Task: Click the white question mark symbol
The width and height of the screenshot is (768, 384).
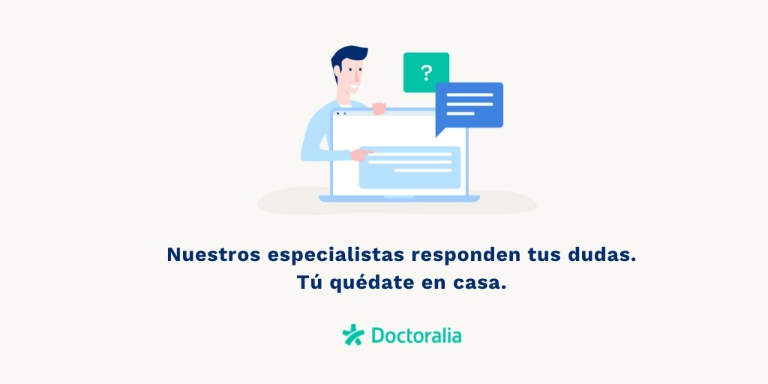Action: click(x=426, y=73)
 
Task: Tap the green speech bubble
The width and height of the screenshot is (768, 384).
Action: click(x=426, y=72)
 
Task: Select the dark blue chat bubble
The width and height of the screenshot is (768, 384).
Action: click(x=469, y=105)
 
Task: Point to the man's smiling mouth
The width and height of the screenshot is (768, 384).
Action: click(x=355, y=88)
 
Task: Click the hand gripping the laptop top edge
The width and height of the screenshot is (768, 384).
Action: click(x=379, y=108)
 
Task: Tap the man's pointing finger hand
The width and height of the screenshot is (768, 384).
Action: click(x=361, y=154)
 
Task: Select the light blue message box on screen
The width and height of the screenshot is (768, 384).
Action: click(x=410, y=167)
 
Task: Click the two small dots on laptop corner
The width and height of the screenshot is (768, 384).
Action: click(x=341, y=114)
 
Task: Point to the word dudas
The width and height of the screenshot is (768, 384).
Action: click(x=601, y=255)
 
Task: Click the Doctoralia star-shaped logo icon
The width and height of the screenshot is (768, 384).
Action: click(x=353, y=335)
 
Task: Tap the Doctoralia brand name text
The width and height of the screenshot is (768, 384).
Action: click(x=416, y=335)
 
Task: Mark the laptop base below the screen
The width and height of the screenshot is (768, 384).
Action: click(x=399, y=198)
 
